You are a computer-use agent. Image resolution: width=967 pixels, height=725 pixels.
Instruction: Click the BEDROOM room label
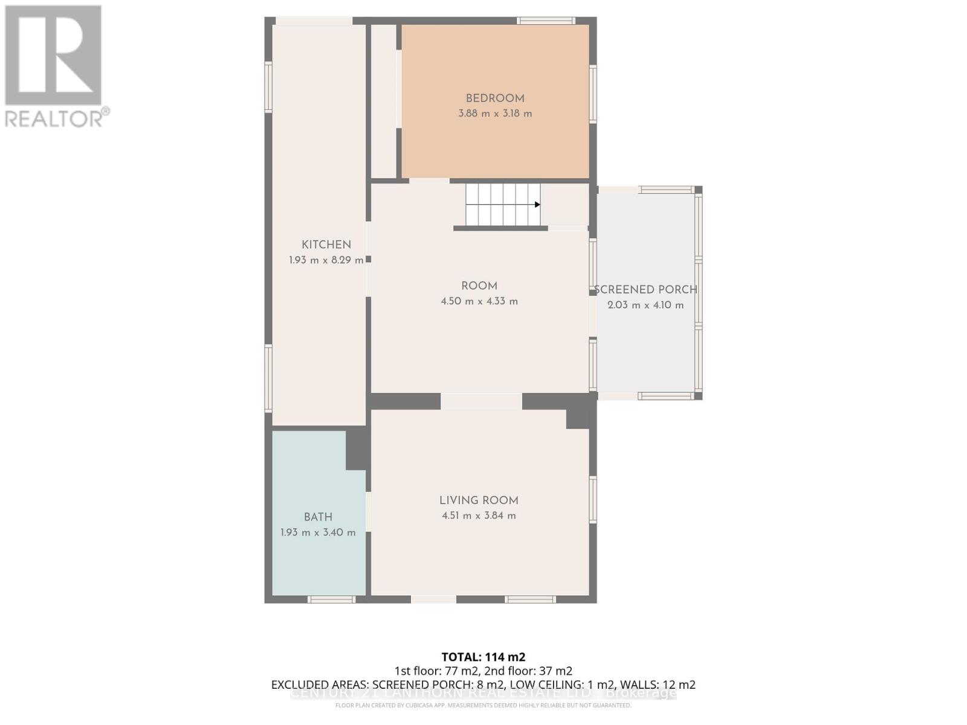(494, 98)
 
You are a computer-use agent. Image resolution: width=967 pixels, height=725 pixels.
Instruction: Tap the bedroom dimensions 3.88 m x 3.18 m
(495, 114)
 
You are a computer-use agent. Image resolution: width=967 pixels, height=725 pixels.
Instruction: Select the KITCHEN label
(326, 245)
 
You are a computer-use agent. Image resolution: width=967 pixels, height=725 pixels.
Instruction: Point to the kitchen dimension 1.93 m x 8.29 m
(326, 260)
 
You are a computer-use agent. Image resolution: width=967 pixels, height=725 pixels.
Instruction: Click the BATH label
(318, 517)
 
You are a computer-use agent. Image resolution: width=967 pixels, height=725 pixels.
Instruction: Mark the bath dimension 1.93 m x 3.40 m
(318, 533)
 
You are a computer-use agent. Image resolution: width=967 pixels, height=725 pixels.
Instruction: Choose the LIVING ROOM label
(479, 500)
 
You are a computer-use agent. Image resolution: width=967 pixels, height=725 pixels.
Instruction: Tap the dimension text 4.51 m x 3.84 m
(479, 516)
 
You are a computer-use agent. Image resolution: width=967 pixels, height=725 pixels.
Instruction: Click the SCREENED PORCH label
(645, 289)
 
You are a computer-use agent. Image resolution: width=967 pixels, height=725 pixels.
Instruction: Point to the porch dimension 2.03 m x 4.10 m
(645, 305)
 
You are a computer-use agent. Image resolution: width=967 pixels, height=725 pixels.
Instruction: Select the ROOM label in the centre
(479, 286)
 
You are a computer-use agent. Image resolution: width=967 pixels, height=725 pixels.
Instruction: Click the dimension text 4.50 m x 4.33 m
(479, 301)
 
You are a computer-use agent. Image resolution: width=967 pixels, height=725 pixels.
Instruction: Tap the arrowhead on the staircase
(537, 205)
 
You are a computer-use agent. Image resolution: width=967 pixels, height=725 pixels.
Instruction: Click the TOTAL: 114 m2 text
(483, 657)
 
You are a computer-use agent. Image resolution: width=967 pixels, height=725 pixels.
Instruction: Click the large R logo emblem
(53, 56)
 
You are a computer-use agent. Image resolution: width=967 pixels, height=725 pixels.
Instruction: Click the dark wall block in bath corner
(357, 448)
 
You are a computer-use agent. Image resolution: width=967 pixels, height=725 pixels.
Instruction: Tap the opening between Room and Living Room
(481, 401)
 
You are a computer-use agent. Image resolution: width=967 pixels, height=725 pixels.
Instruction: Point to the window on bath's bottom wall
(331, 599)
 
